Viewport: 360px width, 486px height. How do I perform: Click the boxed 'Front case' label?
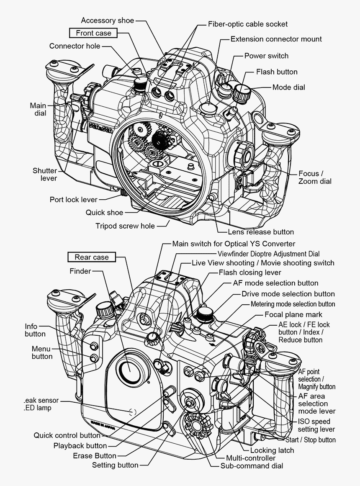[x=93, y=33]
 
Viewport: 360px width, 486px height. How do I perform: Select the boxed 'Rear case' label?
[x=92, y=257]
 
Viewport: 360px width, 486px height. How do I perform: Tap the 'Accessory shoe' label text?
[x=108, y=20]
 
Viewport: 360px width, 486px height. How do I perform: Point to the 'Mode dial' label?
[x=288, y=87]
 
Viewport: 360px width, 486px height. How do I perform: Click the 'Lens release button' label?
[x=261, y=232]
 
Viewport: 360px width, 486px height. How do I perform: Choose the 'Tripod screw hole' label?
[x=125, y=226]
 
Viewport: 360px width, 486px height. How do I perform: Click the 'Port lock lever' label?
[x=74, y=200]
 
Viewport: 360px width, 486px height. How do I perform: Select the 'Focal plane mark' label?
[x=293, y=314]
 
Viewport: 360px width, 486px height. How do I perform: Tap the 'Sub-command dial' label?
[x=252, y=465]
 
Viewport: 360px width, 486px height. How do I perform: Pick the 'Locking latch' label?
[x=272, y=450]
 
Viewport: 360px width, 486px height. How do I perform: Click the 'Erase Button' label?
[x=95, y=455]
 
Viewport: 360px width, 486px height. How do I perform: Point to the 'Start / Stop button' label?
[x=310, y=440]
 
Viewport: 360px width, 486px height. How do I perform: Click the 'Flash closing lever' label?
[x=250, y=273]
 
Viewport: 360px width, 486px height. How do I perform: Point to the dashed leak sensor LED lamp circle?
[x=133, y=411]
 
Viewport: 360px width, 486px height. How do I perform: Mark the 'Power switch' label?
[x=266, y=56]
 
